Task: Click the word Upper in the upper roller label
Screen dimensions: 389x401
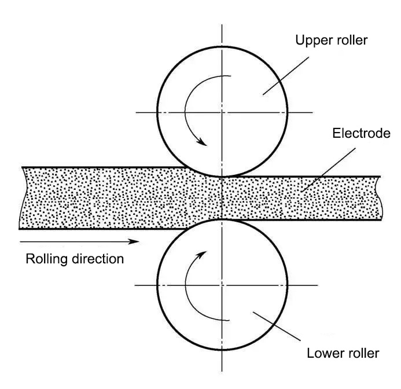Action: pyautogui.click(x=311, y=41)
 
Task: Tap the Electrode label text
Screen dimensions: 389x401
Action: pyautogui.click(x=362, y=134)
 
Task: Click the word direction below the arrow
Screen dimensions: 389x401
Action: pyautogui.click(x=97, y=259)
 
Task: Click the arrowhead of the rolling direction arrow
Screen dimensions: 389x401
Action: pyautogui.click(x=134, y=240)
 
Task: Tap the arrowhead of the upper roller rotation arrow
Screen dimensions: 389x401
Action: pyautogui.click(x=203, y=142)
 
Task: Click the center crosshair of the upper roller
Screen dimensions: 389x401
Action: pyautogui.click(x=223, y=112)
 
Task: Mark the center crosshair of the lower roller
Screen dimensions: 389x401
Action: pyautogui.click(x=223, y=285)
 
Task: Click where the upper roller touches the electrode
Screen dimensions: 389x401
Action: pyautogui.click(x=223, y=175)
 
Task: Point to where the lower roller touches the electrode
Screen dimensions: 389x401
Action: pyautogui.click(x=223, y=220)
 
